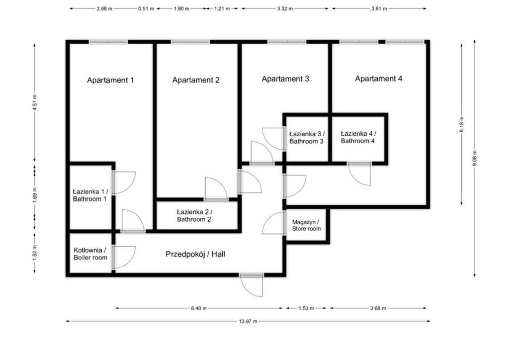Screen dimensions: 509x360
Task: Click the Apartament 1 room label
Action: (x=110, y=80)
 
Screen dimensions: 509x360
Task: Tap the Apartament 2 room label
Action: (x=196, y=80)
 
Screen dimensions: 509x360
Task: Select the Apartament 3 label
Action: (x=285, y=79)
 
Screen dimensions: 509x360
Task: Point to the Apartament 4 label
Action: (x=378, y=79)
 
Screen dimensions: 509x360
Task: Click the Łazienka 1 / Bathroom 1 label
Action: (x=90, y=195)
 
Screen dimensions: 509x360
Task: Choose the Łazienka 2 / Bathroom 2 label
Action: (x=194, y=215)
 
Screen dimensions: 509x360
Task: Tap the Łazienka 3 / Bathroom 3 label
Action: (x=306, y=138)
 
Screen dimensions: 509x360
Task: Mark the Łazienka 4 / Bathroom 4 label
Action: (x=358, y=137)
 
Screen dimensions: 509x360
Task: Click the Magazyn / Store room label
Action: (x=306, y=225)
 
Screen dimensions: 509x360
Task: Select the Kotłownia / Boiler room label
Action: (x=90, y=254)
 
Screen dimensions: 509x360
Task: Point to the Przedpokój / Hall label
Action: (x=195, y=254)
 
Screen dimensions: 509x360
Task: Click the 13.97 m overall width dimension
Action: (x=248, y=321)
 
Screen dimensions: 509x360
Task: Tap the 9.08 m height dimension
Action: (x=475, y=158)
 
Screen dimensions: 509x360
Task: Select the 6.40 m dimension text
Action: (x=199, y=308)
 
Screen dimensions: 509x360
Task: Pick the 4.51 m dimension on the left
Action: (x=34, y=102)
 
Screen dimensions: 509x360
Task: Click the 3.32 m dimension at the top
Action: (x=285, y=9)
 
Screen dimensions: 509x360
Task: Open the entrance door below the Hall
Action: (x=251, y=285)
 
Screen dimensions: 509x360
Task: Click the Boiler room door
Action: (x=124, y=258)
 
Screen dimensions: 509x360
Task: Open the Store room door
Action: (x=274, y=223)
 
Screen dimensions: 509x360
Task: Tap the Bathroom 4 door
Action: (x=359, y=174)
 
